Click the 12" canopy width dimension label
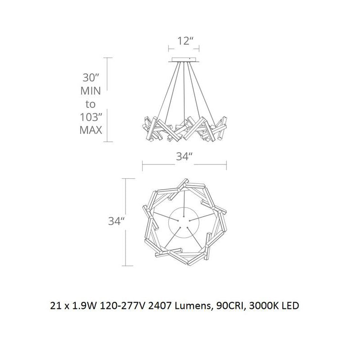point(186,41)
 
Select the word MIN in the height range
point(91,91)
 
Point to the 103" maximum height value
point(91,117)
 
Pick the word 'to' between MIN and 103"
point(91,104)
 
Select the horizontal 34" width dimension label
point(185,157)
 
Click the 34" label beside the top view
point(116,221)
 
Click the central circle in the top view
point(183,222)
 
